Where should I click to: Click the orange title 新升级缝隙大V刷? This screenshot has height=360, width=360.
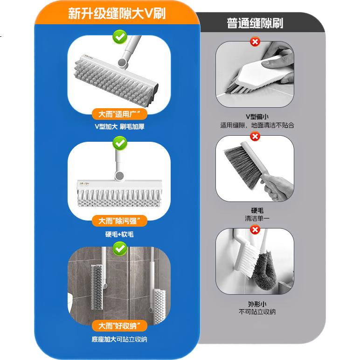(117, 14)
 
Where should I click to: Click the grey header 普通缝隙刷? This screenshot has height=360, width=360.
(255, 23)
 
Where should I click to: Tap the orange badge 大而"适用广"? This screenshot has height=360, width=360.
(119, 114)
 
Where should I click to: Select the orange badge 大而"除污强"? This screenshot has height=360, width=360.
(119, 221)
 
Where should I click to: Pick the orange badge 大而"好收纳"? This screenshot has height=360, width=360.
(119, 325)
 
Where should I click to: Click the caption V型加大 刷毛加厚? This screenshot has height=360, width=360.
(119, 126)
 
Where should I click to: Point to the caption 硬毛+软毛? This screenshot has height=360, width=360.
(119, 234)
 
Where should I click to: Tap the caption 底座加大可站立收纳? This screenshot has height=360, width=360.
(119, 339)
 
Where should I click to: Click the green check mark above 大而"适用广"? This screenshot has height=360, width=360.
(120, 37)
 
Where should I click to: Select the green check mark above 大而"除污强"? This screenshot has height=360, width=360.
(120, 143)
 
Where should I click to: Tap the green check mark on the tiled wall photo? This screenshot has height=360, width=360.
(120, 249)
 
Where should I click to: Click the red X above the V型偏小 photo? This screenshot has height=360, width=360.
(255, 42)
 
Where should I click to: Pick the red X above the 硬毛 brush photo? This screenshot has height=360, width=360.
(255, 137)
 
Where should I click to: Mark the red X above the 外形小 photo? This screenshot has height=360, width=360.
(255, 229)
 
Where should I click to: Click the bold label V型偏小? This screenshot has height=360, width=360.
(257, 117)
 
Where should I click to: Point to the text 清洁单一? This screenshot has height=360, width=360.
(257, 218)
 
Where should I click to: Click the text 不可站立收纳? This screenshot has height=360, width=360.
(257, 312)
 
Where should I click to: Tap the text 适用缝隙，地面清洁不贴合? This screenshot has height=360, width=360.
(257, 125)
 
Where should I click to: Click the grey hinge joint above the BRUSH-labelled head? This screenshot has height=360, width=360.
(119, 176)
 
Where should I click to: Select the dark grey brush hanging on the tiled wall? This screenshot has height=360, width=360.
(97, 287)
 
